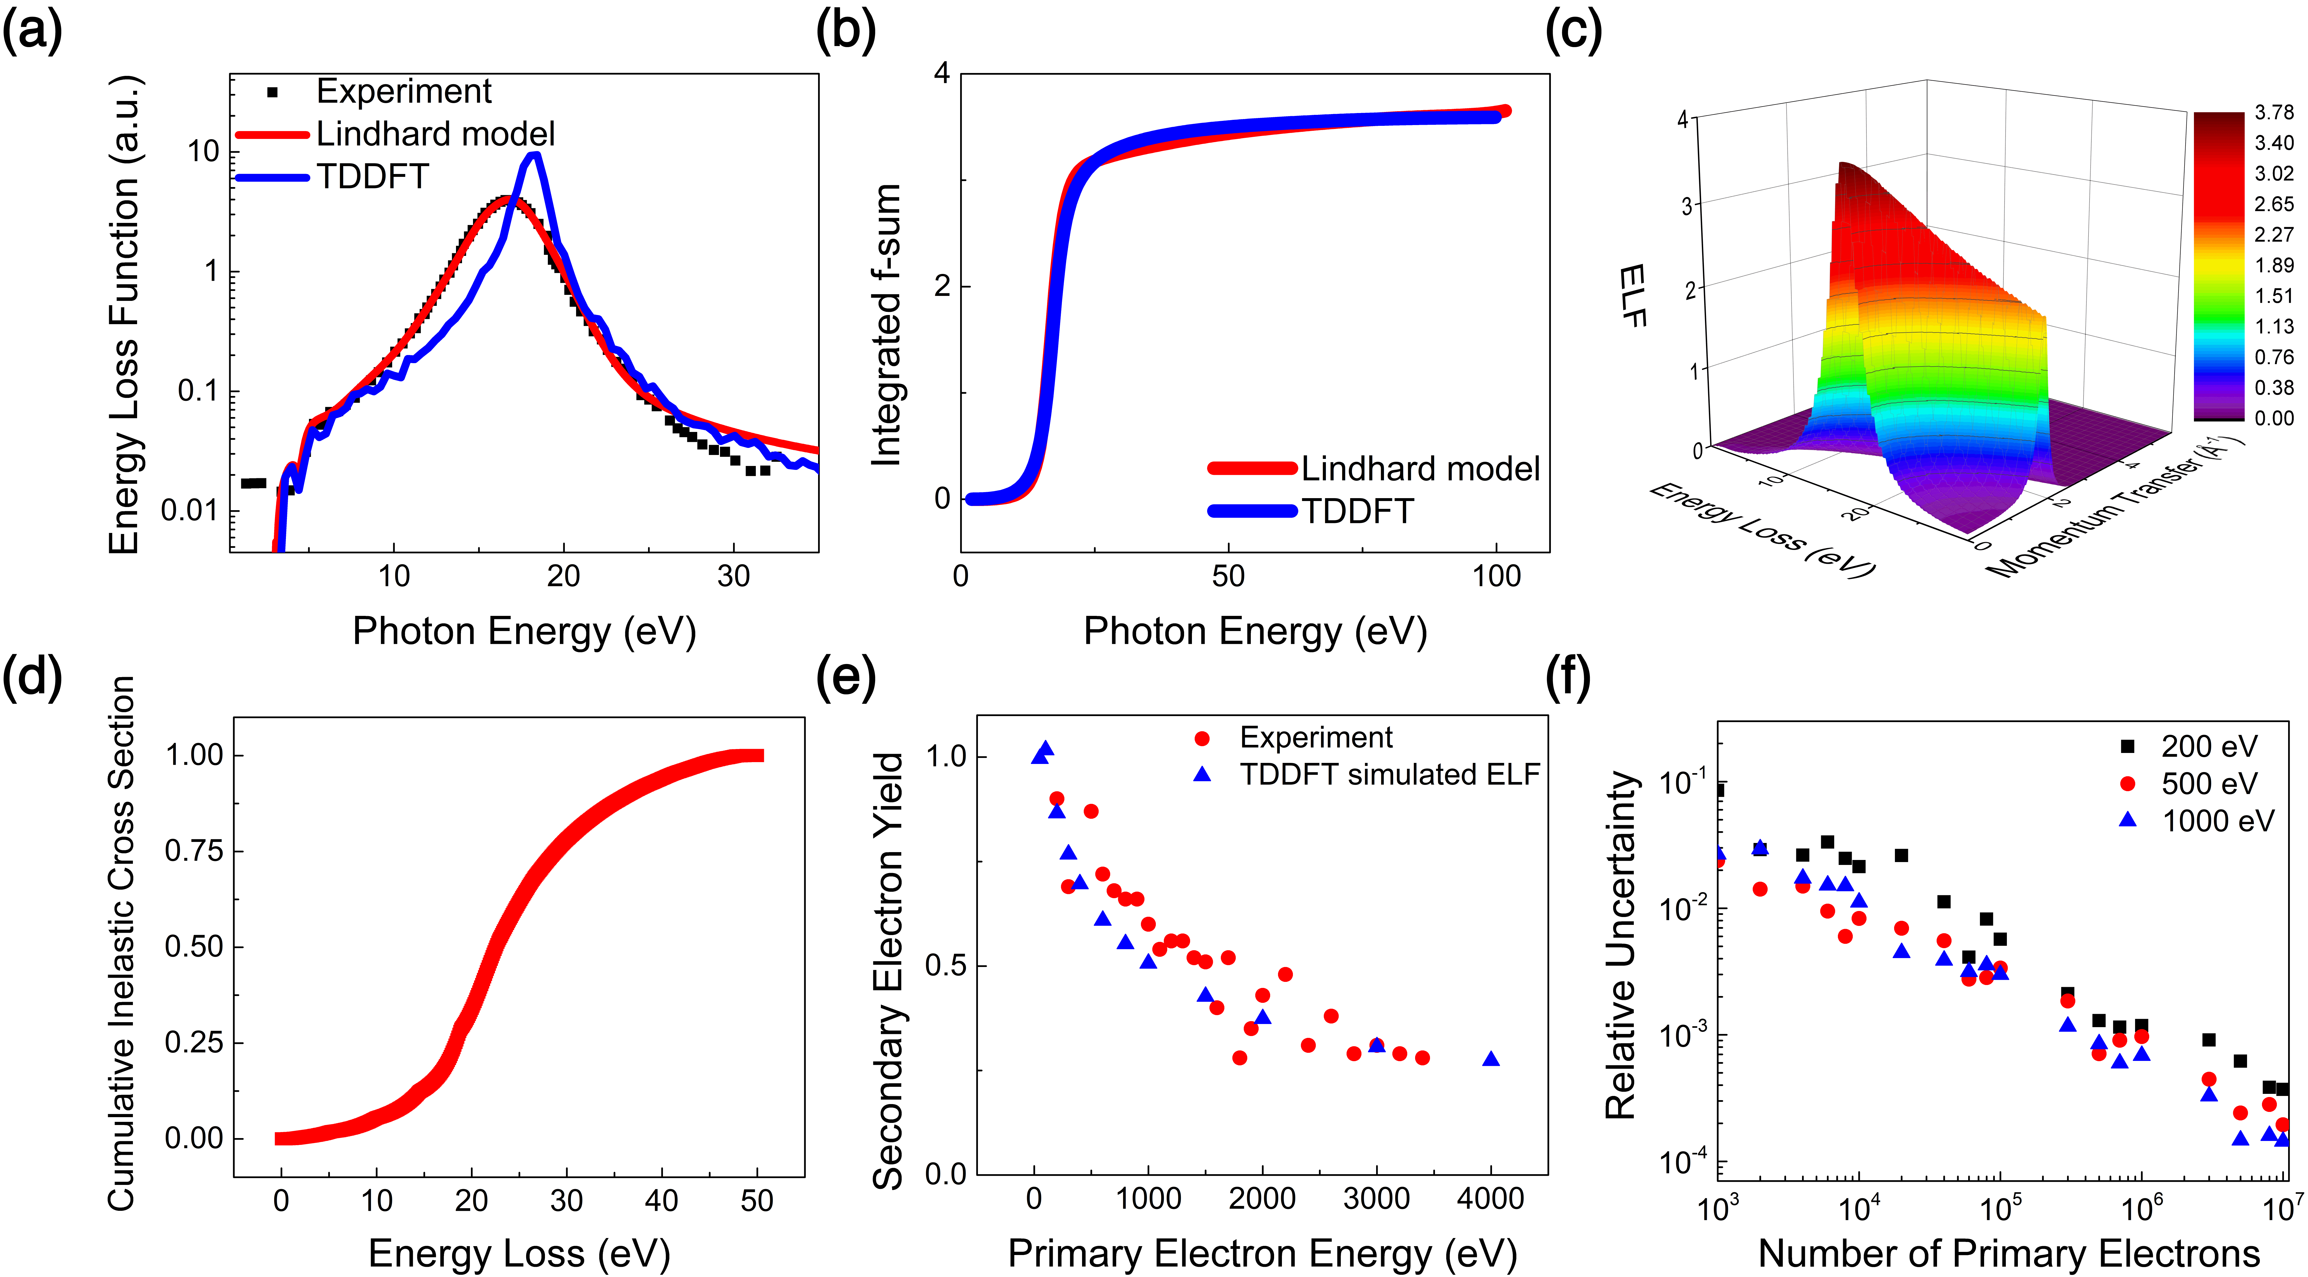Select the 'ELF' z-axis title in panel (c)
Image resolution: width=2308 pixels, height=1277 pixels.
(x=1633, y=296)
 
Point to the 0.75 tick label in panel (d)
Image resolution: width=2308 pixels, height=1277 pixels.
(x=194, y=851)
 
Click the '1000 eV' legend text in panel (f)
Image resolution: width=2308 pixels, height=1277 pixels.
(x=2217, y=821)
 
